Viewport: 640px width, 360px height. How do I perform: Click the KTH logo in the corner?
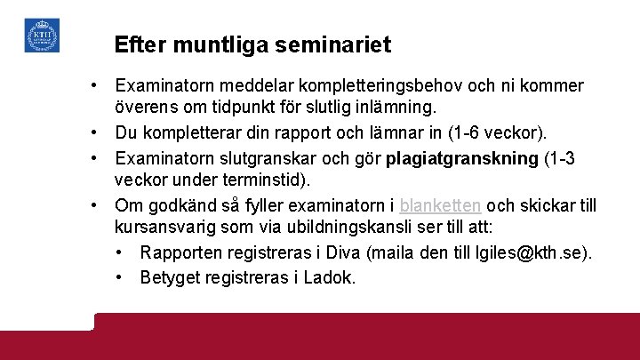[x=42, y=35]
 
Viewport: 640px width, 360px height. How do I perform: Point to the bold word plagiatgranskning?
[x=463, y=157]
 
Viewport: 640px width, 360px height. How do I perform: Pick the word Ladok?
[x=330, y=277]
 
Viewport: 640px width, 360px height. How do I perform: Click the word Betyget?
[x=171, y=277]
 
